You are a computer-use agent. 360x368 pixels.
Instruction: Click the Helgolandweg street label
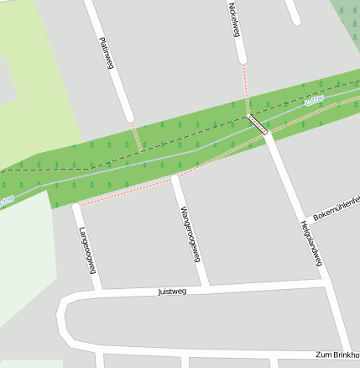(310, 244)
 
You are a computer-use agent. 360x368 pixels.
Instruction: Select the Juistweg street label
(172, 292)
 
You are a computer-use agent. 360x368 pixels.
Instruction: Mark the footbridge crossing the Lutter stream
(258, 124)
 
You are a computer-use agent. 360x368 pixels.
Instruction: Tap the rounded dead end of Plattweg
(128, 118)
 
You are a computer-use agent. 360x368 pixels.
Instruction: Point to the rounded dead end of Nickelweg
(242, 59)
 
